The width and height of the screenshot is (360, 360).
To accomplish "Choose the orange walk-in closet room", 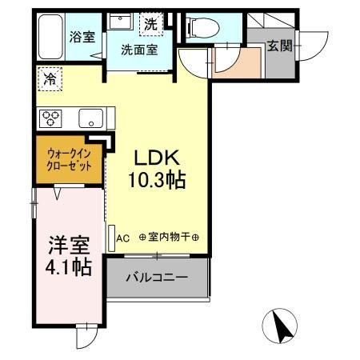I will tap(69, 158).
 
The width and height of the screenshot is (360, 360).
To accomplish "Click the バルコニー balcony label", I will tap(158, 278).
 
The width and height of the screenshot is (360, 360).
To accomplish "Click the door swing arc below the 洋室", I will tap(85, 338).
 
